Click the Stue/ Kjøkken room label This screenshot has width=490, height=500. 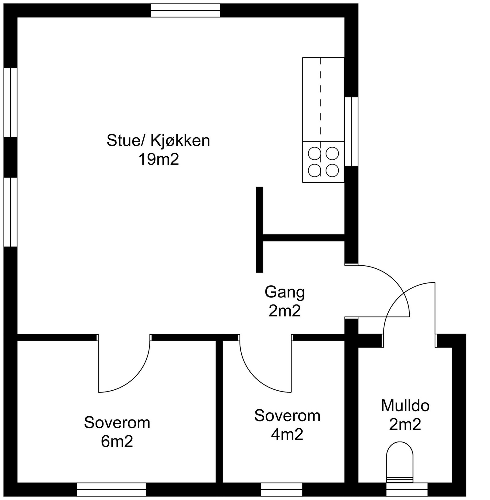coord(158,141)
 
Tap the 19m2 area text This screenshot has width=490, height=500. coord(158,160)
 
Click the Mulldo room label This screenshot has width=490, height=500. coord(405,406)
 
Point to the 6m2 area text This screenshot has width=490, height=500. coord(117,442)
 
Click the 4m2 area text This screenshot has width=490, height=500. coord(287,434)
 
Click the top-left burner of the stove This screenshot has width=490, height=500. coord(314,153)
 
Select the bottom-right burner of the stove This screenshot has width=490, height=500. coord(332,170)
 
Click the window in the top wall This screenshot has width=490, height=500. coord(186,10)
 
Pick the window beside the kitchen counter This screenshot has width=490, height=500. coord(352,132)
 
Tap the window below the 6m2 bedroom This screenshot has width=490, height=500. coord(111,489)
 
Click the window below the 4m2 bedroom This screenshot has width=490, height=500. coord(281,489)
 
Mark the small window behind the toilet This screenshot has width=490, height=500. coord(407,489)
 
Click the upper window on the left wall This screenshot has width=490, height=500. coord(10,102)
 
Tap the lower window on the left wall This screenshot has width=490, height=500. coord(10,212)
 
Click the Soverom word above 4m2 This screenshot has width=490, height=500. coord(287,416)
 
